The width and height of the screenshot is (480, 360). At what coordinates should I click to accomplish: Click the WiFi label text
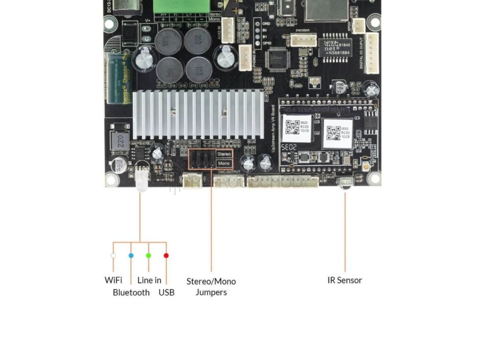tap(113, 280)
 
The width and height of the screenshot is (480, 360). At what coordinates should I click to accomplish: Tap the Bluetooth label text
tap(131, 292)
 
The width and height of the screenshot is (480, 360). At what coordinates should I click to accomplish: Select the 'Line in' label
tap(149, 280)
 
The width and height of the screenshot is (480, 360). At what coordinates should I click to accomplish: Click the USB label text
tap(166, 292)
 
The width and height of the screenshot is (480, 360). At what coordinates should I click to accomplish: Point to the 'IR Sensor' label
tap(345, 280)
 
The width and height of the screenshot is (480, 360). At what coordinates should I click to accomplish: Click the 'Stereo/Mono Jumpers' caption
tap(211, 286)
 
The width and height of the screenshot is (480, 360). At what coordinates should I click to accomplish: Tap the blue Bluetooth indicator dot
tap(131, 255)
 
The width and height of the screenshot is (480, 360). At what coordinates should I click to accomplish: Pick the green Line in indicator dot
tap(148, 255)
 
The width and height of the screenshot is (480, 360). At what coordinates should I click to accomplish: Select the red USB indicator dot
tap(166, 255)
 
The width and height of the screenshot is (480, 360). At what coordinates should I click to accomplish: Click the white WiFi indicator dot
tap(113, 255)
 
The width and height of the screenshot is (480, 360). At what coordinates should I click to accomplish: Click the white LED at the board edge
tap(141, 180)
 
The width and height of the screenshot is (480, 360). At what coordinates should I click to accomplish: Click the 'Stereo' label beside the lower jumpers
tap(224, 154)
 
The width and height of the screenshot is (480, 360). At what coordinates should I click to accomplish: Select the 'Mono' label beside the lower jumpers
tap(224, 163)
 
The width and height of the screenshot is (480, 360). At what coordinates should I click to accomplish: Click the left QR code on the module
tap(293, 127)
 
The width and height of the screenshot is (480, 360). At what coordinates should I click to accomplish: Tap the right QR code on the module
tap(334, 132)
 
